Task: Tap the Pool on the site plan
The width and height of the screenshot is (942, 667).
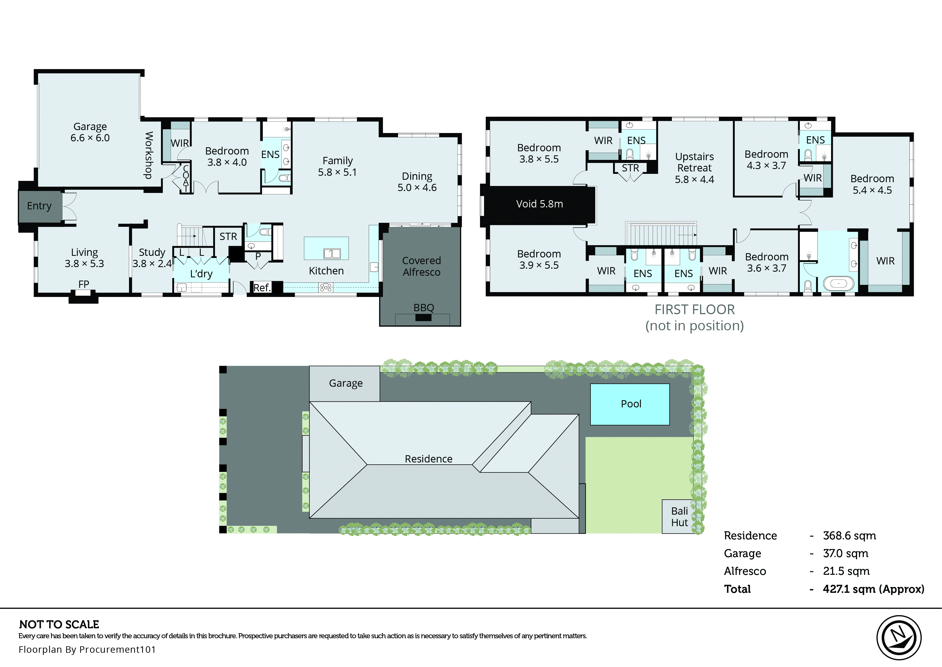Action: coord(630,404)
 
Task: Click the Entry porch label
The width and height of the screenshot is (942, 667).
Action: coord(40,206)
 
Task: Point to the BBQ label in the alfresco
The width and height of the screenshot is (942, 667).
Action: coord(423,308)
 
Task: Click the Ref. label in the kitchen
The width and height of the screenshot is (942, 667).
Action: coord(262,288)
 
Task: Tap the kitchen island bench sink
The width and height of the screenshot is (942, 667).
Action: coord(332,253)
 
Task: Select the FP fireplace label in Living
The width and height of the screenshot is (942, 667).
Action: coord(84,284)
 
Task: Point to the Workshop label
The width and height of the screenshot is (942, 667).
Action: coord(149,155)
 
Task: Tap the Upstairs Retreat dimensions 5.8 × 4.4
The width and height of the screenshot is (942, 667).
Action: coord(694,180)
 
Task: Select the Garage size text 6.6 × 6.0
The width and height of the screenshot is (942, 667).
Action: coord(90,138)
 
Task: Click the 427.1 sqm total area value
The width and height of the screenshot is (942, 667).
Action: coord(873,589)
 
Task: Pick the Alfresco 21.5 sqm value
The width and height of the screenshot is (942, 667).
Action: coord(846,571)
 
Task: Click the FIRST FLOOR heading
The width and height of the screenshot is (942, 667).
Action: coord(694,310)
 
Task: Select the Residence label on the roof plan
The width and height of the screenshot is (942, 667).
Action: coord(428,459)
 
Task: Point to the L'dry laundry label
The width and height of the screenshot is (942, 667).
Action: coord(201,274)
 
